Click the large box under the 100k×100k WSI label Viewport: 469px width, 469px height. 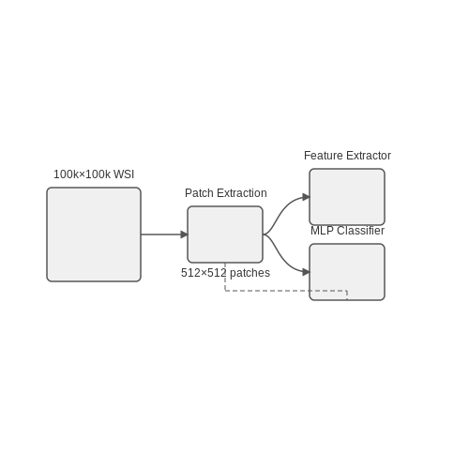coord(94,234)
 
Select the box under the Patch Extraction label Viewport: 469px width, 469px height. coord(225,234)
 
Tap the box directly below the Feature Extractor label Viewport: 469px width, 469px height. coord(347,197)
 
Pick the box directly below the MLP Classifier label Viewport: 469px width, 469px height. coord(347,272)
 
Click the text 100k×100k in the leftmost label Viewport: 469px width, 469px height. coord(82,174)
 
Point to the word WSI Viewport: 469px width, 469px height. coord(124,174)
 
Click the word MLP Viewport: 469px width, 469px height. coord(322,231)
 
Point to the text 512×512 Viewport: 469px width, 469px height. coord(204,273)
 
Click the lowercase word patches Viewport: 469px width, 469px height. coord(250,273)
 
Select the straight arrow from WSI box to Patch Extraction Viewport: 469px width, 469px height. coord(164,234)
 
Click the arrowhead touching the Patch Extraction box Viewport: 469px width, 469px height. coord(185,234)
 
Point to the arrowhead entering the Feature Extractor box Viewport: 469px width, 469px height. coord(307,197)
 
